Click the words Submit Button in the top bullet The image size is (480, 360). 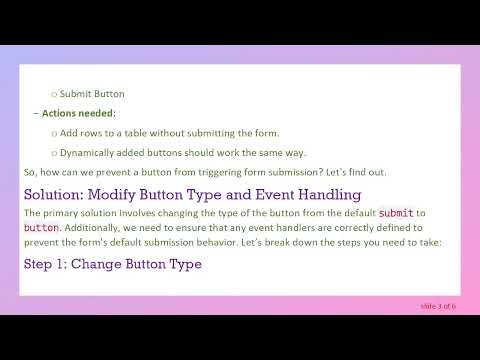[x=92, y=94]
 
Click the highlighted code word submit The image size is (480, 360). [x=396, y=213]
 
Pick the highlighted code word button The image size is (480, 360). [x=41, y=228]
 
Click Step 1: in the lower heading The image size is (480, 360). [x=44, y=264]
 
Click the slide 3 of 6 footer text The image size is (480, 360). [x=434, y=305]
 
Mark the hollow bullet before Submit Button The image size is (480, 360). [x=54, y=95]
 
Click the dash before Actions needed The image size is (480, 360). [x=36, y=113]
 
